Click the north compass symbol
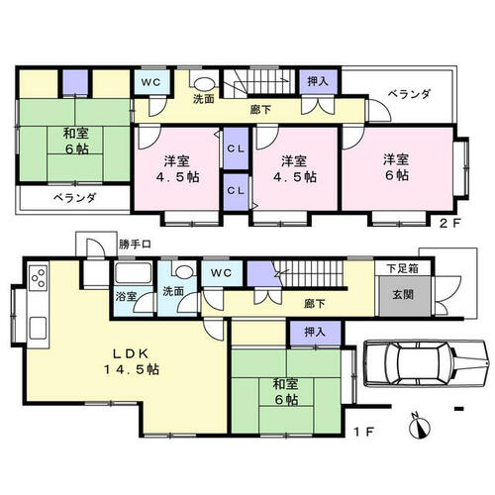click(420, 427)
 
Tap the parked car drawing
click(427, 363)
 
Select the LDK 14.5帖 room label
click(132, 361)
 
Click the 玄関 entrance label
click(403, 294)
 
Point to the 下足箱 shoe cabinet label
click(403, 268)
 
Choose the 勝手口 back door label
click(135, 245)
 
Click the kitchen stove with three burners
click(38, 278)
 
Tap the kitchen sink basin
click(38, 328)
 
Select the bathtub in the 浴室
click(133, 272)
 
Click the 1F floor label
click(364, 431)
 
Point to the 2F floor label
click(449, 224)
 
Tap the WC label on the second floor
click(150, 82)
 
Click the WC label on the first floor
click(221, 273)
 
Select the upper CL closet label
click(236, 148)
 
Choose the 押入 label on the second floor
click(318, 81)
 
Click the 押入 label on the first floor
click(315, 332)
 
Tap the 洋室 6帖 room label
click(396, 167)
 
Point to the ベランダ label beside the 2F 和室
click(75, 198)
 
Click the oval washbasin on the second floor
click(204, 84)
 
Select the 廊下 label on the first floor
click(315, 304)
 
